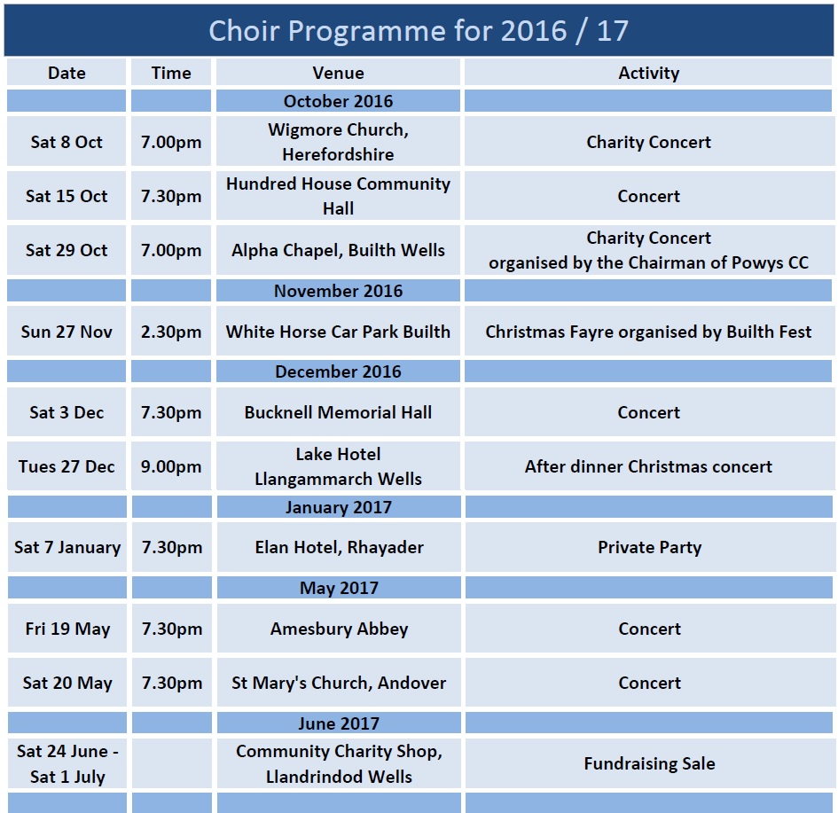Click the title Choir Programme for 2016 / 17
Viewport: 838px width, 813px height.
pyautogui.click(x=419, y=30)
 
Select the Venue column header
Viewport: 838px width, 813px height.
pyautogui.click(x=338, y=73)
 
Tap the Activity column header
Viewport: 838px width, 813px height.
pyautogui.click(x=648, y=73)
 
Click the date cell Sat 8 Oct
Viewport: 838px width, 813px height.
pyautogui.click(x=67, y=142)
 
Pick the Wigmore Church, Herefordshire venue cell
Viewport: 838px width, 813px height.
pyautogui.click(x=338, y=142)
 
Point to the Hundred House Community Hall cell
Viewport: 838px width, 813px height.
pyautogui.click(x=338, y=196)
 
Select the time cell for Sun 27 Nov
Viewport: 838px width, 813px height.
pyautogui.click(x=171, y=332)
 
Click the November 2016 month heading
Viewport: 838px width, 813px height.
pyautogui.click(x=338, y=291)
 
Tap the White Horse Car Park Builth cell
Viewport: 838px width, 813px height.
pyautogui.click(x=338, y=332)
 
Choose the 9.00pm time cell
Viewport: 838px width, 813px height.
pyautogui.click(x=171, y=465)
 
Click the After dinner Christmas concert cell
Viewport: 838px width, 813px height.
pyautogui.click(x=648, y=465)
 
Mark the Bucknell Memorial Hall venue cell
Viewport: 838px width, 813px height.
pyautogui.click(x=338, y=412)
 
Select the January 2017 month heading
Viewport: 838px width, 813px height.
pyautogui.click(x=339, y=507)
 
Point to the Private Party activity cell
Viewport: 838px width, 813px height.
pyautogui.click(x=649, y=547)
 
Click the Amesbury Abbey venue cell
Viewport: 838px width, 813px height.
pyautogui.click(x=339, y=629)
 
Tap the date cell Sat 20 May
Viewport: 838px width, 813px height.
pyautogui.click(x=67, y=682)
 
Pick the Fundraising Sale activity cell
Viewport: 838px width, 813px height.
pyautogui.click(x=649, y=763)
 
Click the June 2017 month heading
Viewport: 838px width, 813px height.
pyautogui.click(x=339, y=723)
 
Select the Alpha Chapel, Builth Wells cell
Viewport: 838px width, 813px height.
pyautogui.click(x=338, y=249)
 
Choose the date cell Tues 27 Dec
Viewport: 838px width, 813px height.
pyautogui.click(x=67, y=465)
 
